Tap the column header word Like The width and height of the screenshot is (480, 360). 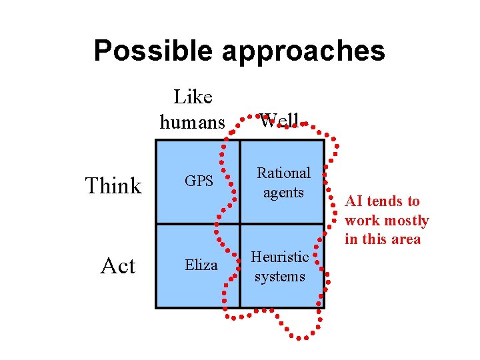(x=193, y=97)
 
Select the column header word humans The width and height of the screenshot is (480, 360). (x=193, y=122)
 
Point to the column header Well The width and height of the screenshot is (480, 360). (x=279, y=121)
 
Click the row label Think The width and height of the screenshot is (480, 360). (x=113, y=185)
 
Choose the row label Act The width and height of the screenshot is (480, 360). (x=117, y=266)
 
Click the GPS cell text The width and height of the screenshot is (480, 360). (x=199, y=181)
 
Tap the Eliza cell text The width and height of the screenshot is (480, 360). (x=201, y=265)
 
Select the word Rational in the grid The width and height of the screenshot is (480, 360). (x=284, y=173)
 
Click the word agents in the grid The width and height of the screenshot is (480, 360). (x=283, y=193)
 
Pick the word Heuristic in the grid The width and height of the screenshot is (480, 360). (x=280, y=257)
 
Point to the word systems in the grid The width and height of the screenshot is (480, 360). (x=279, y=276)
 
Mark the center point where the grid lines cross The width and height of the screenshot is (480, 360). (x=240, y=223)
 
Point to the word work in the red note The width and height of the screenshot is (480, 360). (x=361, y=221)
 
